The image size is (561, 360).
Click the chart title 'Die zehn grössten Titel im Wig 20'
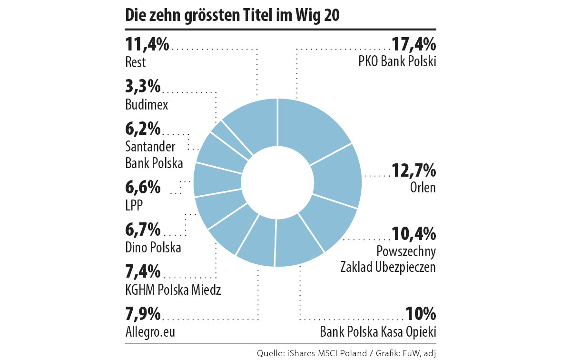(233, 16)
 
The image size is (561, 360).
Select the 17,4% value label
(413, 45)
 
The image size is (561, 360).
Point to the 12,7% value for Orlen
(413, 170)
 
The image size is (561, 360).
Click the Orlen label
(423, 187)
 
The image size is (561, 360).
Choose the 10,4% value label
(413, 233)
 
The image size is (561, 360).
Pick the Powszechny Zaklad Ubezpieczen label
(388, 259)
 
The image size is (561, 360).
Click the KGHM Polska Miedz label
(173, 289)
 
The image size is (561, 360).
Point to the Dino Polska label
(153, 248)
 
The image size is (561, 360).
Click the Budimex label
(147, 105)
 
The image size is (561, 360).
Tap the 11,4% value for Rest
(147, 45)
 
